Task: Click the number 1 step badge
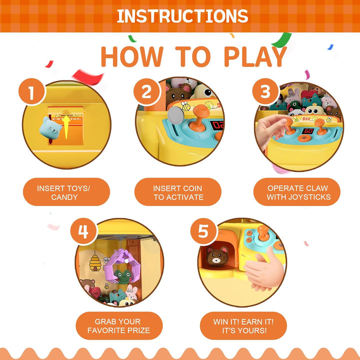pyautogui.click(x=31, y=92)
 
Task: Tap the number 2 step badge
pyautogui.click(x=146, y=91)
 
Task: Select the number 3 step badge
pyautogui.click(x=265, y=91)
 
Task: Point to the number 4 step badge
pyautogui.click(x=83, y=231)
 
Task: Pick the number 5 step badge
pyautogui.click(x=203, y=231)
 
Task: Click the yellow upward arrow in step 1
pyautogui.click(x=66, y=127)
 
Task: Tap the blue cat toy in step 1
pyautogui.click(x=50, y=128)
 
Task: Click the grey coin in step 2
pyautogui.click(x=175, y=115)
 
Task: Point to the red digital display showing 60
pyautogui.click(x=307, y=131)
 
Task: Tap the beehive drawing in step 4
pyautogui.click(x=95, y=263)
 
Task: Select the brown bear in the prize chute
pyautogui.click(x=217, y=256)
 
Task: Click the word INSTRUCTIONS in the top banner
pyautogui.click(x=182, y=16)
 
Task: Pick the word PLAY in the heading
pyautogui.click(x=255, y=56)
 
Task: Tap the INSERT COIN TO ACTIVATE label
pyautogui.click(x=178, y=192)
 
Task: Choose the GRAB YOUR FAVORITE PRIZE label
pyautogui.click(x=119, y=326)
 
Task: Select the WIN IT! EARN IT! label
pyautogui.click(x=243, y=321)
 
